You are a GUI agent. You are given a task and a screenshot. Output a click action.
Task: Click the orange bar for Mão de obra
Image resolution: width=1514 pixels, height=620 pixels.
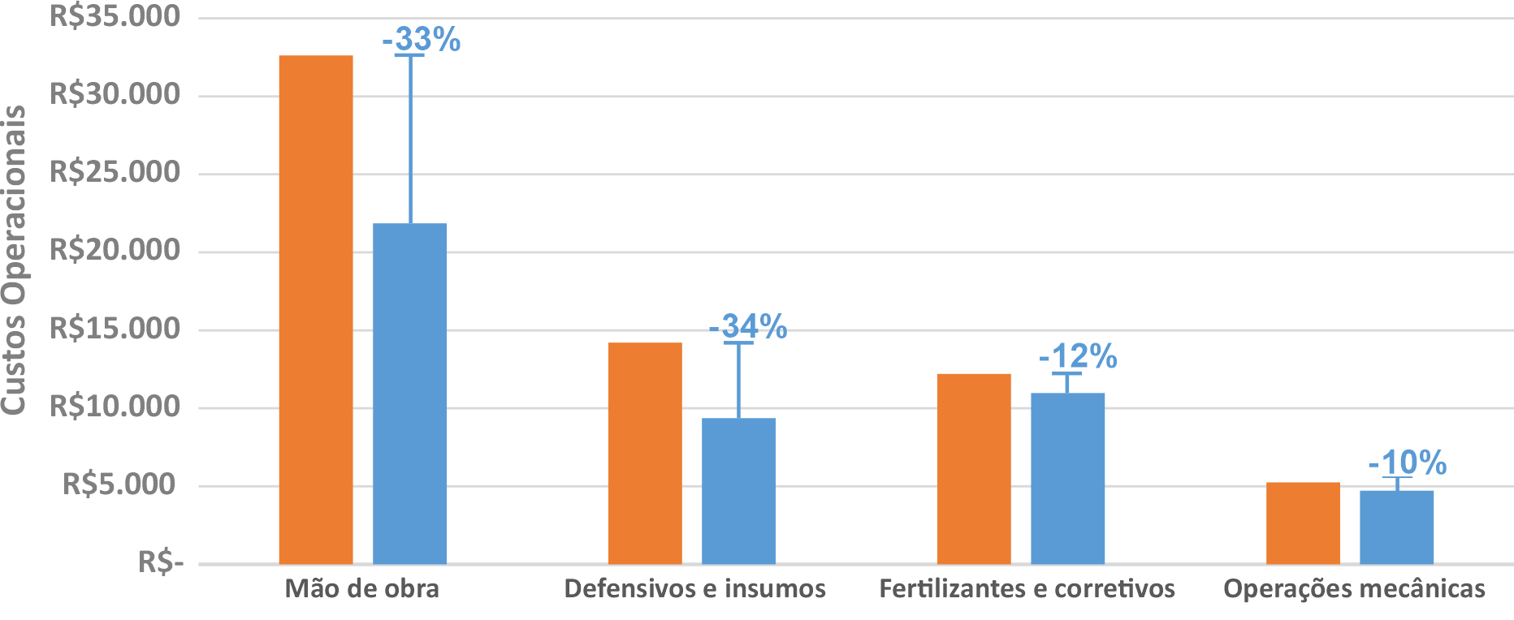(x=316, y=309)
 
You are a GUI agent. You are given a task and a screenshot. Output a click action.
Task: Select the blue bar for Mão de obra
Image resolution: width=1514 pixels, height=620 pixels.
(x=410, y=394)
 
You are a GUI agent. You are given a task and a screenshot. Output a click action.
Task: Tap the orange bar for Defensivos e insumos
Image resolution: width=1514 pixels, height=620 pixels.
(x=645, y=453)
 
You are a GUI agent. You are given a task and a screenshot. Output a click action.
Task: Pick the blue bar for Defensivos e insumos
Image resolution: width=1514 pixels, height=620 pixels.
(x=738, y=491)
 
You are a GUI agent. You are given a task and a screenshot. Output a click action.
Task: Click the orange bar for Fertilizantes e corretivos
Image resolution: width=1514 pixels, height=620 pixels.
(x=974, y=468)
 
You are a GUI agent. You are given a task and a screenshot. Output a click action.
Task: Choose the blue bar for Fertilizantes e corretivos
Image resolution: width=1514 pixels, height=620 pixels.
(x=1068, y=478)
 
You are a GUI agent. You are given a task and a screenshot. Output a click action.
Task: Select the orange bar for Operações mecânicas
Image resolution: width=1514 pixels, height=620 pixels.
(x=1303, y=523)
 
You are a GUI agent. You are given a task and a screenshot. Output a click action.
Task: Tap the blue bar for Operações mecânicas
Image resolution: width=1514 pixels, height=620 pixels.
(x=1397, y=527)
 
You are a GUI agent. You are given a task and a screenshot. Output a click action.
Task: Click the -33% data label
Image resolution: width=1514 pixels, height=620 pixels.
(x=422, y=39)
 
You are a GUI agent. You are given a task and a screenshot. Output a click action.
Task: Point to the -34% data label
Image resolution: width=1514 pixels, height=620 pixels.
(x=748, y=326)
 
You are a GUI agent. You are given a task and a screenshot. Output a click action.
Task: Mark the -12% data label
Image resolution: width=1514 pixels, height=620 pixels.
(x=1078, y=357)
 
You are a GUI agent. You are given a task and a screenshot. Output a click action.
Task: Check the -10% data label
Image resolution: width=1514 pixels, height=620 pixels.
(x=1408, y=463)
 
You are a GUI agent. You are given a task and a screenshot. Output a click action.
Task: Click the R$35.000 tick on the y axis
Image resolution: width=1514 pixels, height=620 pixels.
(x=115, y=16)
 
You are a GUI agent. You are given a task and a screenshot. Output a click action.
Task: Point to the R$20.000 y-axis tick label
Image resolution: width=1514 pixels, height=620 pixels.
(x=115, y=250)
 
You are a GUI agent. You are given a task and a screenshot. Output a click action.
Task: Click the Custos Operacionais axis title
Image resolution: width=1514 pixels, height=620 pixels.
(x=14, y=260)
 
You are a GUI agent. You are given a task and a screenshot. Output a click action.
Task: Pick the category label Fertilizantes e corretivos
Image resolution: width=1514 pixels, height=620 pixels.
(x=1027, y=588)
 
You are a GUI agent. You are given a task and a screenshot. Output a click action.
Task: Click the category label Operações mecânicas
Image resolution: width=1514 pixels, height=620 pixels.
(x=1354, y=588)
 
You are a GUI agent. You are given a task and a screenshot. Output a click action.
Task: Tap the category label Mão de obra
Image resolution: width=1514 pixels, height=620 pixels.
(x=361, y=588)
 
